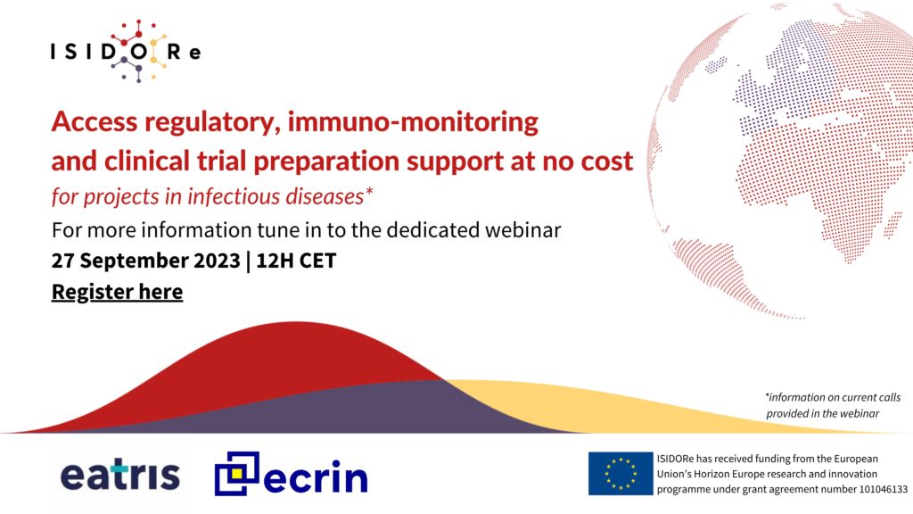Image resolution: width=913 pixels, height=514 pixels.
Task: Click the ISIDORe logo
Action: tap(126, 51)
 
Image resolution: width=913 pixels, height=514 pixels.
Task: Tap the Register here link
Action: tap(117, 292)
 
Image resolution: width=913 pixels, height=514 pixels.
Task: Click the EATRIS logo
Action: tap(120, 476)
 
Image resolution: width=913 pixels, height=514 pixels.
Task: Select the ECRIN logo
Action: tap(292, 474)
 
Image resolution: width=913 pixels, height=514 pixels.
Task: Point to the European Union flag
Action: tap(621, 473)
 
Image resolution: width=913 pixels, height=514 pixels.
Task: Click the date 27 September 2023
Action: tap(145, 261)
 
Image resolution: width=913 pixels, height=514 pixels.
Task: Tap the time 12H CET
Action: tap(296, 261)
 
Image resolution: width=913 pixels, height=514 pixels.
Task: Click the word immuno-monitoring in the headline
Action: tap(413, 121)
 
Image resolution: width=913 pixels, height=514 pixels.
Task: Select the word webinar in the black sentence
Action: tap(522, 229)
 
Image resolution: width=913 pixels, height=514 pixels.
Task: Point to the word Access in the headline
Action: tap(95, 121)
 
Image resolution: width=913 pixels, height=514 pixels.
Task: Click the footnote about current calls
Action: tap(834, 405)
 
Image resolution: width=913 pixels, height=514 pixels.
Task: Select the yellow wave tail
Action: tap(640, 408)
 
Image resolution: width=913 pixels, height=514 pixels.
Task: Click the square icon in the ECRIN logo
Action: tap(236, 473)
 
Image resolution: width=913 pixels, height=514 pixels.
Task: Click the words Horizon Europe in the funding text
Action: tap(736, 475)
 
